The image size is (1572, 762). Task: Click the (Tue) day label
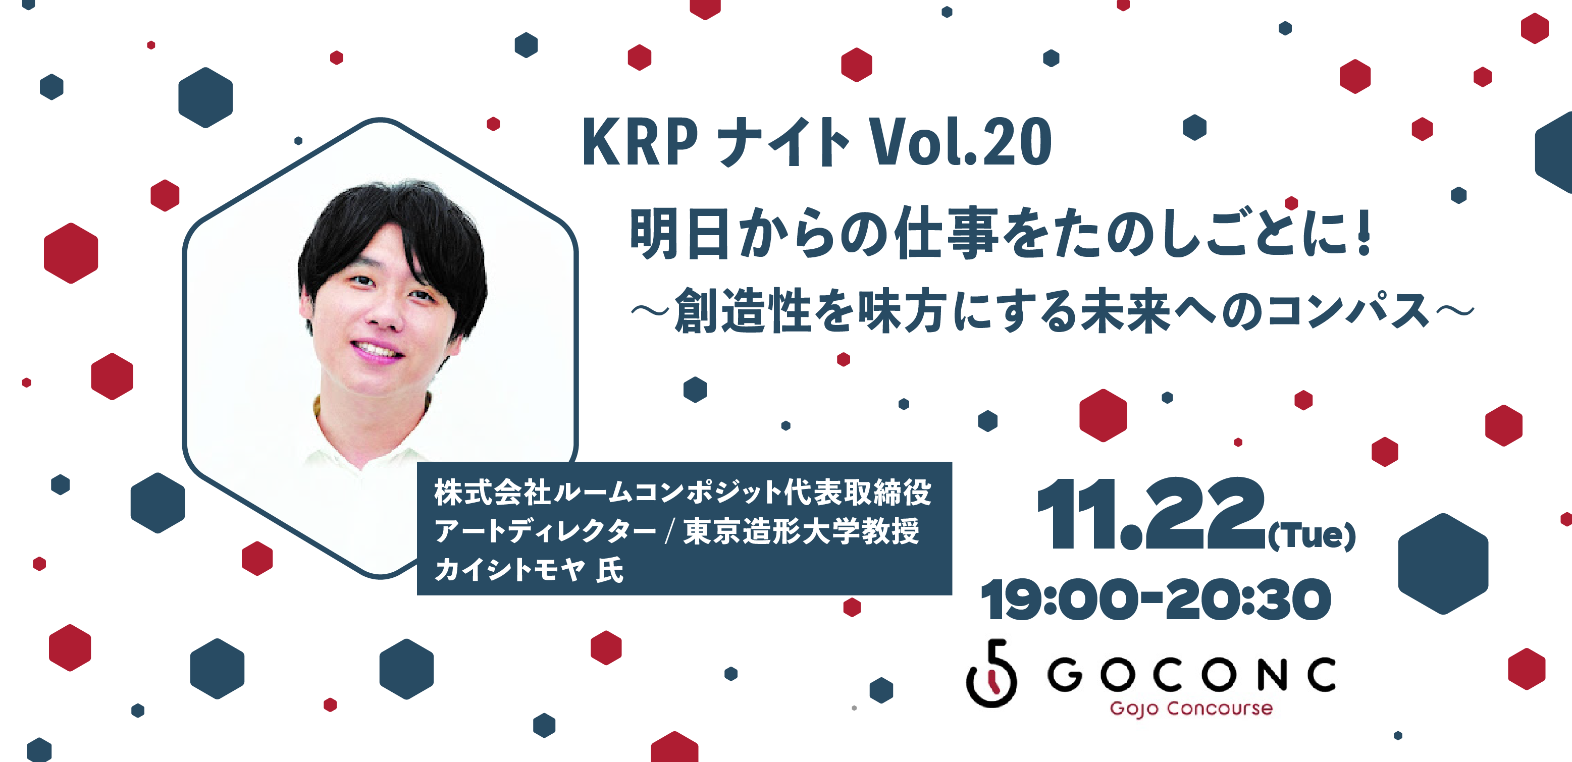tap(1311, 535)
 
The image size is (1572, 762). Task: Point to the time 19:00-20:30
tap(1155, 600)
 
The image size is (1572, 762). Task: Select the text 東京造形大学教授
tap(801, 531)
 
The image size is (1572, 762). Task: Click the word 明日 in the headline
tap(678, 233)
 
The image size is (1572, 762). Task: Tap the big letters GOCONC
tap(1191, 674)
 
